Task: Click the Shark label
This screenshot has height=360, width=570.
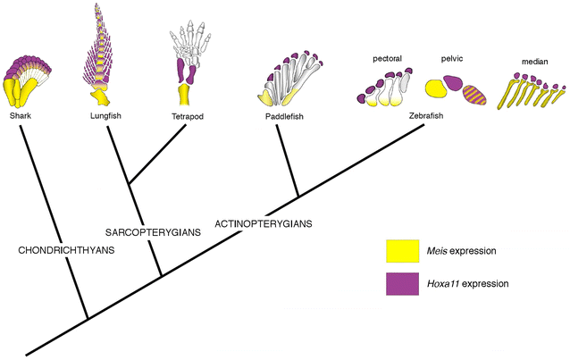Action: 20,114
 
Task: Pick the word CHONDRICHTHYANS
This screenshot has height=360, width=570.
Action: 67,250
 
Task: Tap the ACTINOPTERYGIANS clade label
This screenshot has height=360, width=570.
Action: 263,222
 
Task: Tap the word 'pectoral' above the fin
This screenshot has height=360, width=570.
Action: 387,59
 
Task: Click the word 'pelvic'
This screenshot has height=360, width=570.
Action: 451,59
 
